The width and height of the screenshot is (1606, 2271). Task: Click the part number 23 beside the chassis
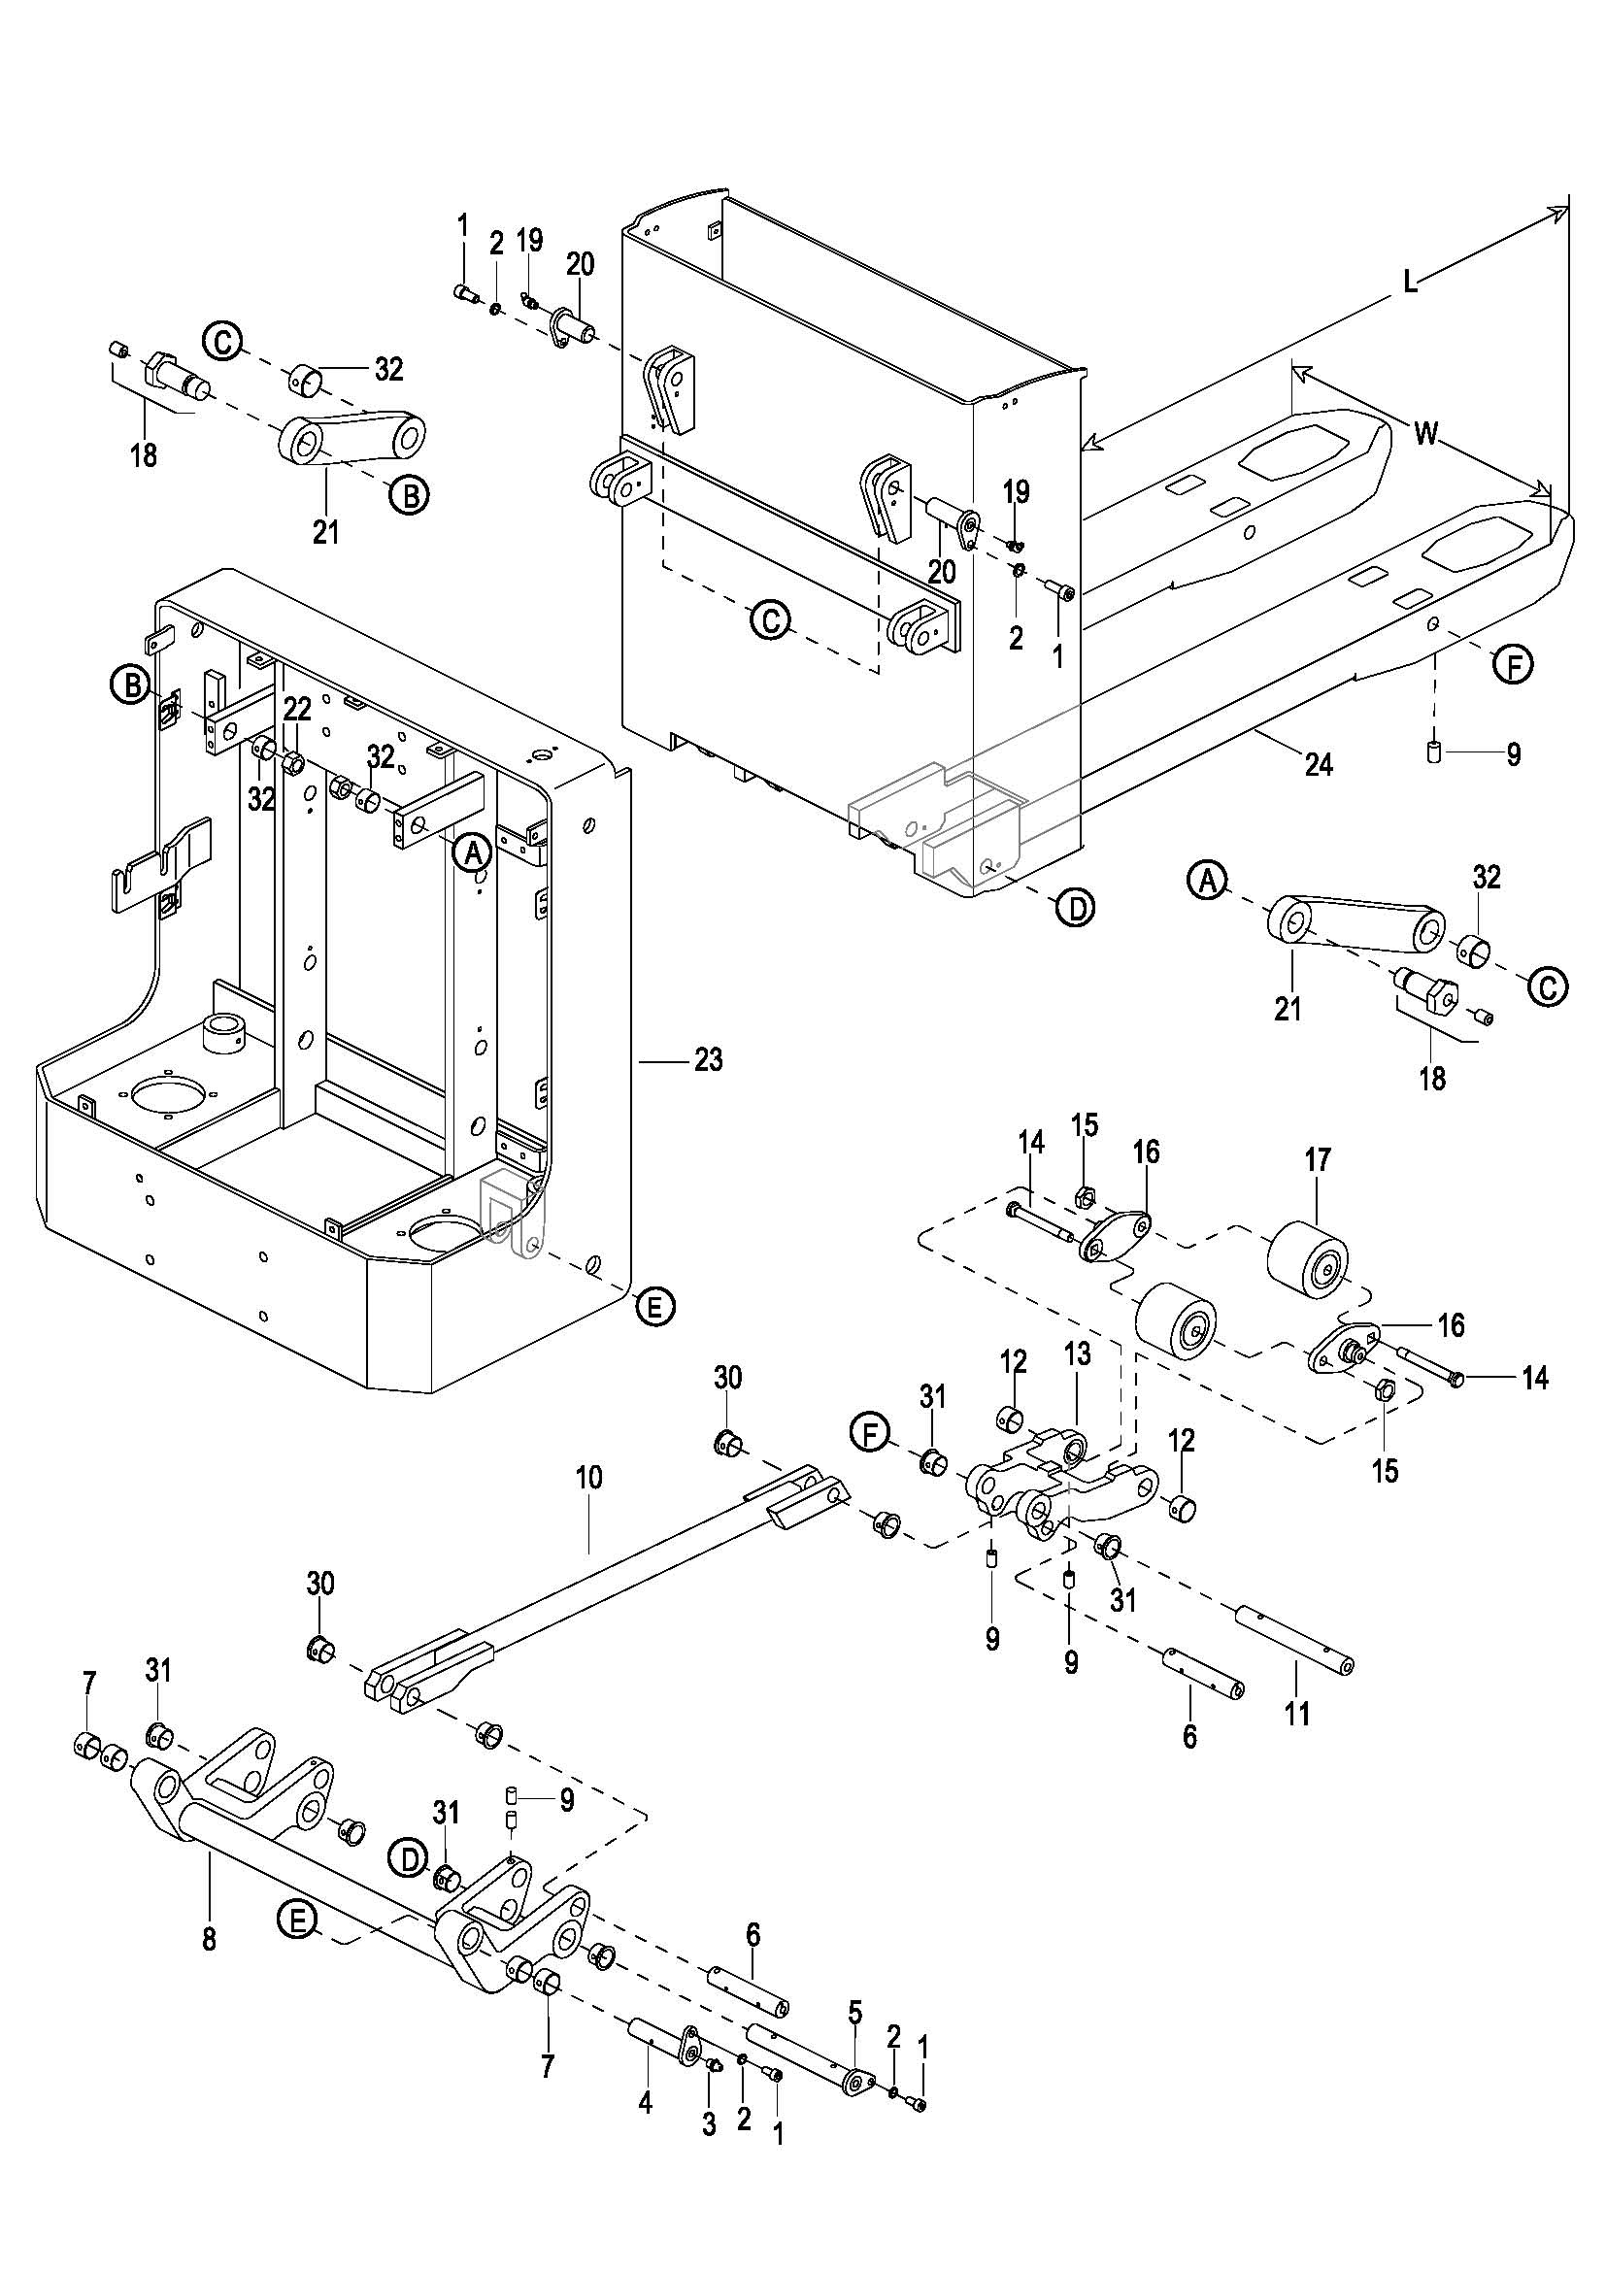[708, 1060]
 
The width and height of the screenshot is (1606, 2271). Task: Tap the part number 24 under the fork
[1319, 764]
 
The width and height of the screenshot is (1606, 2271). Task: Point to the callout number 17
[1319, 1159]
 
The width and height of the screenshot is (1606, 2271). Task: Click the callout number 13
[1077, 1353]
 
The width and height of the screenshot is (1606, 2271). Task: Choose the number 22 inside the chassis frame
[298, 708]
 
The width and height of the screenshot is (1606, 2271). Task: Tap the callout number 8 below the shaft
[209, 1940]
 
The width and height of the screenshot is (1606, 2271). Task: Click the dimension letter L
[1410, 284]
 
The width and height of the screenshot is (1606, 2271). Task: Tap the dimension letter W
[1425, 433]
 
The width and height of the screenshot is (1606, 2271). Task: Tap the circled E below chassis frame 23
[653, 1308]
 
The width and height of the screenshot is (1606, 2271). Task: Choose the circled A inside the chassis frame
[472, 851]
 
